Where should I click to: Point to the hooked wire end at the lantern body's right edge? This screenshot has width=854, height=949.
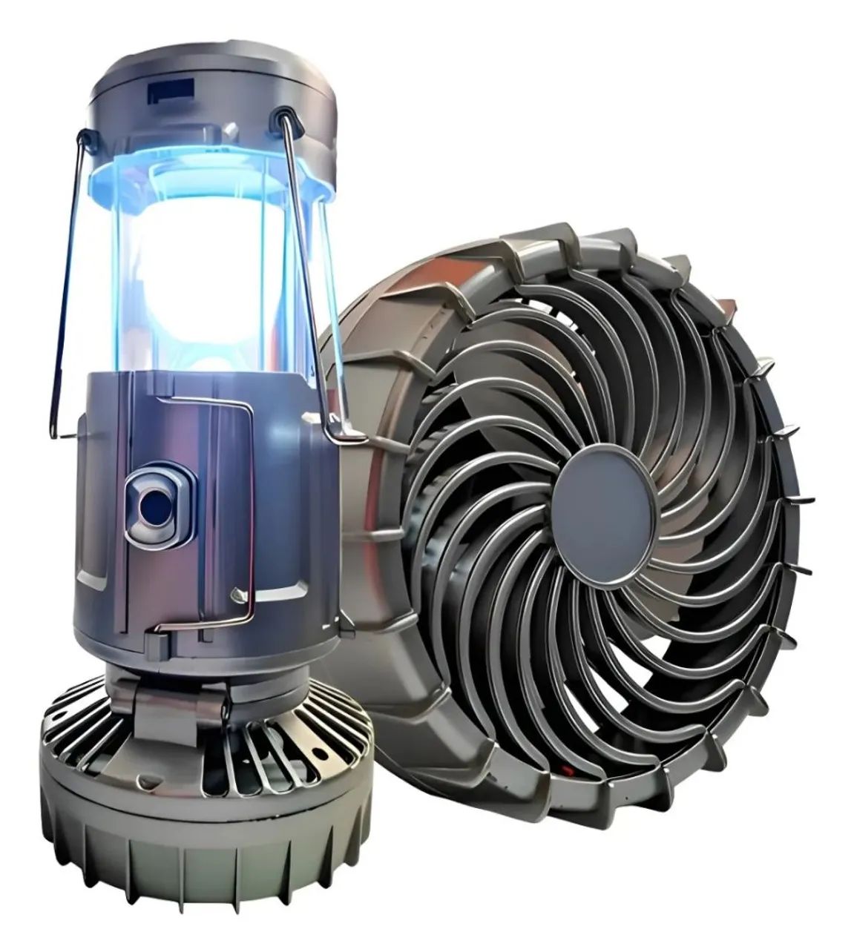pos(338,426)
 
